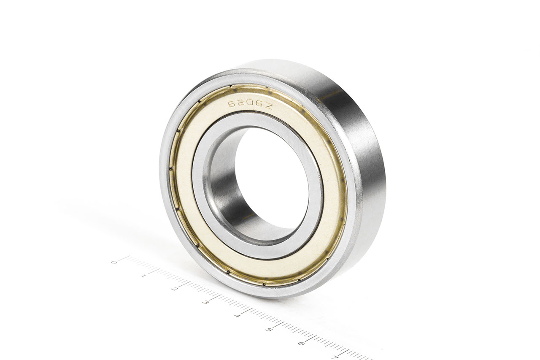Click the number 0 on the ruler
tap(113, 262)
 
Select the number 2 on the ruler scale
tap(174, 289)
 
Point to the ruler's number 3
tap(205, 302)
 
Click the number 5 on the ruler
tap(268, 329)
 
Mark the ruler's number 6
tap(300, 343)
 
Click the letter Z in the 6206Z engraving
tap(269, 107)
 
